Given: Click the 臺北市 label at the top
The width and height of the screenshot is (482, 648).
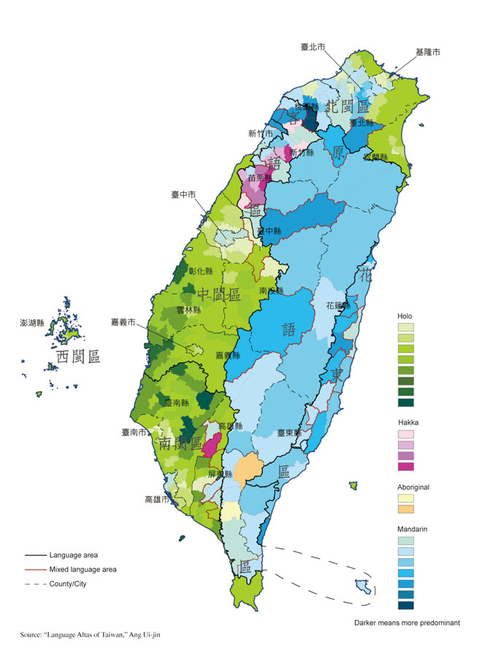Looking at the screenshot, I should pyautogui.click(x=313, y=47).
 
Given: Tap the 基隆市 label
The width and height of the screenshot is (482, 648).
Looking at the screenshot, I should pyautogui.click(x=427, y=53).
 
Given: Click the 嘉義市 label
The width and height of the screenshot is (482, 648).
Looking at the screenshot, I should pyautogui.click(x=123, y=321).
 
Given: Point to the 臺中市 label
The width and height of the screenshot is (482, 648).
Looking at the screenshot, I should pyautogui.click(x=183, y=195).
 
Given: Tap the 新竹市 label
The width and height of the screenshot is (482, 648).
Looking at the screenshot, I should pyautogui.click(x=260, y=133).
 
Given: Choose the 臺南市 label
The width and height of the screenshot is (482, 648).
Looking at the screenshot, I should pyautogui.click(x=134, y=432).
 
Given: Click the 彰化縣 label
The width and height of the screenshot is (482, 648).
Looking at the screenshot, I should pyautogui.click(x=200, y=271).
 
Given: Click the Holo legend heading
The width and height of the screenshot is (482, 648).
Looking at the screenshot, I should pyautogui.click(x=405, y=316).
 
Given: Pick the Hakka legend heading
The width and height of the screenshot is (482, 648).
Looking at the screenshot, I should pyautogui.click(x=408, y=423).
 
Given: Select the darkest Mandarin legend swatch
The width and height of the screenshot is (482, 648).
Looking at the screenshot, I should pyautogui.click(x=405, y=604).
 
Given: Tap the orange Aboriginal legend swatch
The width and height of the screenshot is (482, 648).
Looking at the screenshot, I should pyautogui.click(x=405, y=508).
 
